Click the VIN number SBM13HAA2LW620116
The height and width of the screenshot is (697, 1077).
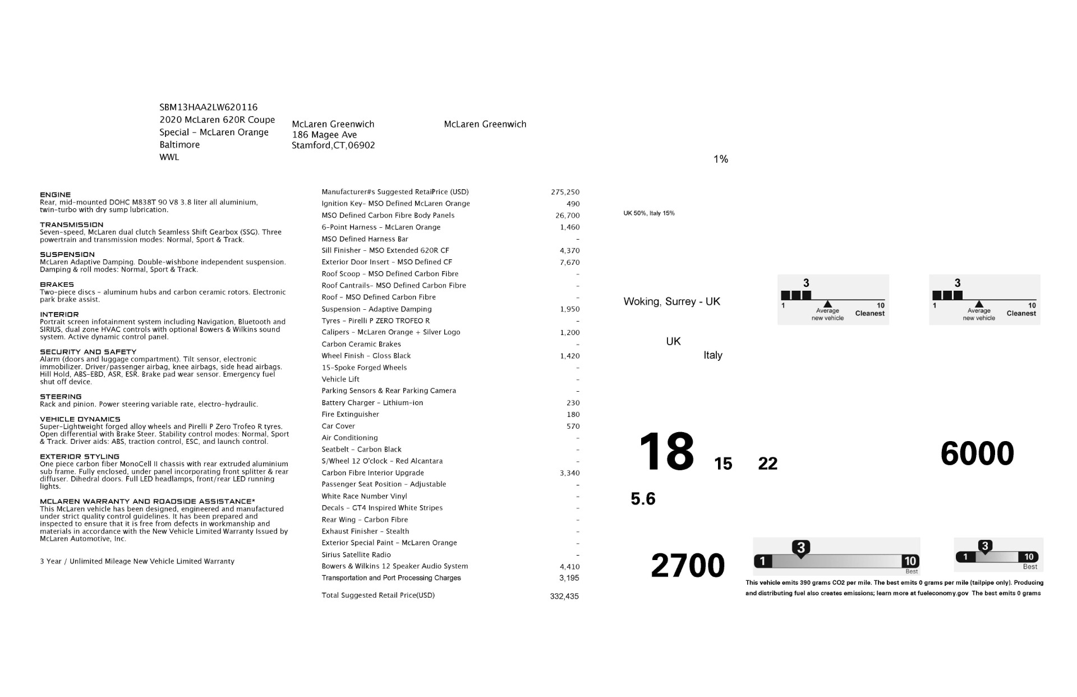point(208,107)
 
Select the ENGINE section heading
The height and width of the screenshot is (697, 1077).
point(56,195)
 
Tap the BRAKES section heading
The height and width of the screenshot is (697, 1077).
point(57,285)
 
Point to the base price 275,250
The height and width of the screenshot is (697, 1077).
point(565,192)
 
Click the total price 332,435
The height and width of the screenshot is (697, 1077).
point(564,596)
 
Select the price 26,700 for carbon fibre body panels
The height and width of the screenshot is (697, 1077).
point(567,215)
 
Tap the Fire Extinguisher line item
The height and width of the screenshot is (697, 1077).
point(350,414)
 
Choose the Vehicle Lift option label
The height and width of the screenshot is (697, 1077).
point(340,379)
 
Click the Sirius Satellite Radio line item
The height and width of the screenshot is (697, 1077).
point(356,554)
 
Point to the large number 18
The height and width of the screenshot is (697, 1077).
point(666,452)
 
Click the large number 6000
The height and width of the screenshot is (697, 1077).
point(977,453)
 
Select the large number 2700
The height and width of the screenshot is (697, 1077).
point(688,565)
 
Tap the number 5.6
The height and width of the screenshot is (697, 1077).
point(643,499)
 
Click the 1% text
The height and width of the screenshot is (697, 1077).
point(721,159)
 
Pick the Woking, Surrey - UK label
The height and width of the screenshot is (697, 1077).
point(671,301)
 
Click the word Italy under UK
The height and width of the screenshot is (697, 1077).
point(713,355)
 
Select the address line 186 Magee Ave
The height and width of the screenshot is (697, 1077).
point(324,135)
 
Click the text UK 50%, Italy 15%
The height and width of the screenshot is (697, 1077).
point(649,213)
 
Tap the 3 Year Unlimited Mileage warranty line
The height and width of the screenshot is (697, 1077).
point(137,561)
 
